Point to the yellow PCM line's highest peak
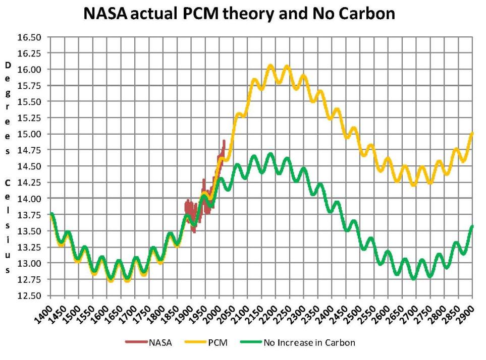(271, 66)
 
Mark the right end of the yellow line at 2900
(472, 134)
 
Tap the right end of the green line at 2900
(472, 226)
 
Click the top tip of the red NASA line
(224, 141)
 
